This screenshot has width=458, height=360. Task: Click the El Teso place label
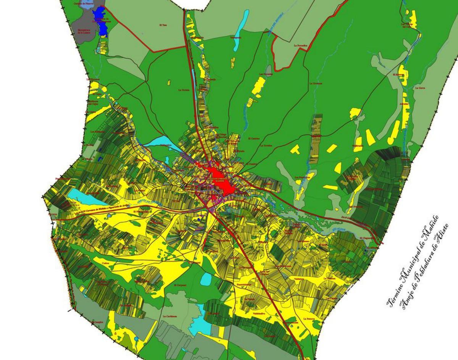[x=163, y=25]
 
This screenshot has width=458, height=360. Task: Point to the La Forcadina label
[x=300, y=45]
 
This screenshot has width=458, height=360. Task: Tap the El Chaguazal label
[x=365, y=238]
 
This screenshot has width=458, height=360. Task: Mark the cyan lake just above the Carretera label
[x=82, y=196]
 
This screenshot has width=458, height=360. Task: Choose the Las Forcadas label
[x=265, y=73]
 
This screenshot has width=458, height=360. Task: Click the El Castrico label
[x=253, y=138]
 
